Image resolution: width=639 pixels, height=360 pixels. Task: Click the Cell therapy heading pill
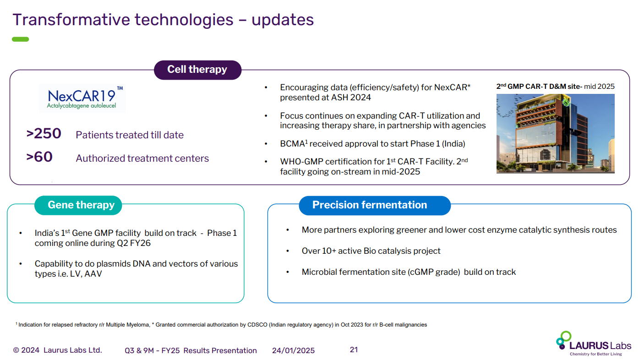[197, 70]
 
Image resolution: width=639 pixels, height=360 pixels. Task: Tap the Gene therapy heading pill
[78, 205]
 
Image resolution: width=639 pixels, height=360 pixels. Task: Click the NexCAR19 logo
[82, 98]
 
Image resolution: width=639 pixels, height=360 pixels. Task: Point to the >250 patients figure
[44, 134]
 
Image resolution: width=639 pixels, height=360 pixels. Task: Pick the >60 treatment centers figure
[39, 158]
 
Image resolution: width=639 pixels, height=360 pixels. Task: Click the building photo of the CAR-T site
[555, 133]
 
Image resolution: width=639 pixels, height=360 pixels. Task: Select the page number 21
[354, 350]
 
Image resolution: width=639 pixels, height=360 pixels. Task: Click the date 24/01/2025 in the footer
[293, 350]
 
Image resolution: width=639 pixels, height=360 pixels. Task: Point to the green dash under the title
[21, 39]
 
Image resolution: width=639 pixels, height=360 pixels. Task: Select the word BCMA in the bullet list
[292, 144]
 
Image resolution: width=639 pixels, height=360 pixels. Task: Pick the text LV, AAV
[87, 274]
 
